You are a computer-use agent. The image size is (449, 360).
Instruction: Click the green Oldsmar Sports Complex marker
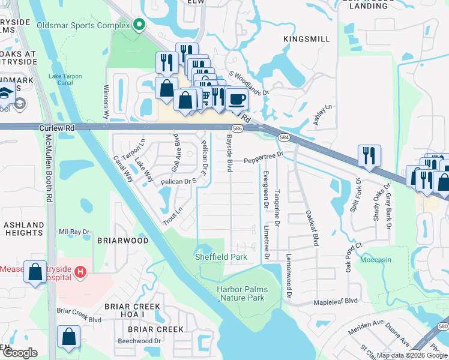click(x=140, y=25)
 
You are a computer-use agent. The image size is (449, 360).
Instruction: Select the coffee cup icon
click(x=237, y=99)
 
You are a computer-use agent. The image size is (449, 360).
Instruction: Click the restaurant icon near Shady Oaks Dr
click(x=370, y=155)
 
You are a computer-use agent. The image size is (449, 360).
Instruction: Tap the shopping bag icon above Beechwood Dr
click(x=69, y=337)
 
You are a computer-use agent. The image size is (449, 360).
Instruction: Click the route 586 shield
click(x=237, y=128)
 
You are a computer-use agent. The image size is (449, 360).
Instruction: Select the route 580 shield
click(x=442, y=325)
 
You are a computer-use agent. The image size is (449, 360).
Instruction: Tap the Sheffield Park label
click(x=220, y=257)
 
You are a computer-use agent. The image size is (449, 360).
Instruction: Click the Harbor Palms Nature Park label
click(x=242, y=293)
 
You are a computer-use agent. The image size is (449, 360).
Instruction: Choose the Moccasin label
click(x=376, y=260)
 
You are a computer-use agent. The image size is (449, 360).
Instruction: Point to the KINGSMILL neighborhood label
click(x=307, y=39)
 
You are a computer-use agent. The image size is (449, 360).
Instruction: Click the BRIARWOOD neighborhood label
click(x=122, y=240)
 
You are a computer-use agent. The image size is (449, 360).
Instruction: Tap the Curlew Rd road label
click(x=57, y=128)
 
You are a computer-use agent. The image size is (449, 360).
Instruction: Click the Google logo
click(x=19, y=353)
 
